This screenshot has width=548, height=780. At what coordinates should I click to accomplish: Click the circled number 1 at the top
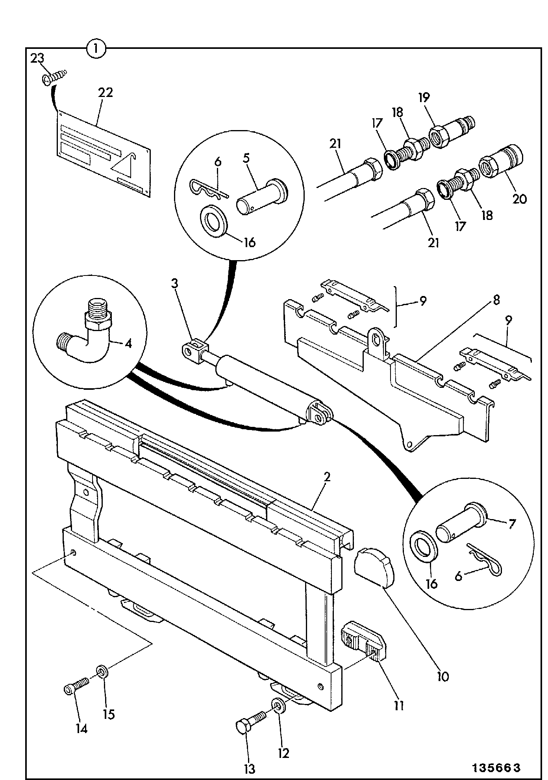pos(96,49)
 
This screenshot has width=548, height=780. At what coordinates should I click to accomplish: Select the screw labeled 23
pos(55,77)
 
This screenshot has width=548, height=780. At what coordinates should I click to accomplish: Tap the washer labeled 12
pos(278,705)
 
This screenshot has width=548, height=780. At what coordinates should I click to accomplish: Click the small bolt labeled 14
pos(77,685)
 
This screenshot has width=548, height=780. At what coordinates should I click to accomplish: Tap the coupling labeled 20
pos(500,162)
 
